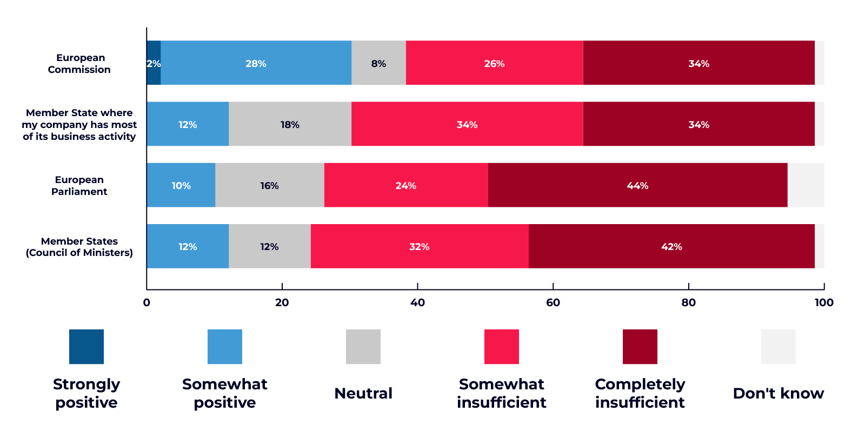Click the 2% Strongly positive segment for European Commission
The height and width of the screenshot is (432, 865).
click(x=154, y=63)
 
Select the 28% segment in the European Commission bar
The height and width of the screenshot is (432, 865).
click(x=256, y=63)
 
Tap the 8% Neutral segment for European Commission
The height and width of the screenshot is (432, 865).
click(x=378, y=63)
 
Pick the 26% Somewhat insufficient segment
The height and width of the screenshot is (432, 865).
click(x=494, y=63)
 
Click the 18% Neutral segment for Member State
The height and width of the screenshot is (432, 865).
click(x=290, y=124)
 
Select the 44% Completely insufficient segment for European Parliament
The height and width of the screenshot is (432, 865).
click(x=637, y=185)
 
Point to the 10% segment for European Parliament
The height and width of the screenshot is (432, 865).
click(x=181, y=185)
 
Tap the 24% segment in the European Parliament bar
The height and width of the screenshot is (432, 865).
click(x=405, y=185)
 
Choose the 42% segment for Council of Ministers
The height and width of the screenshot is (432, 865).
click(x=671, y=246)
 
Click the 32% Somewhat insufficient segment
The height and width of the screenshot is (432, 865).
click(x=419, y=246)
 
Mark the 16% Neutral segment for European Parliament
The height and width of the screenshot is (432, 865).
click(x=269, y=185)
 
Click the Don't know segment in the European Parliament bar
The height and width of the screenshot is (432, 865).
click(x=806, y=185)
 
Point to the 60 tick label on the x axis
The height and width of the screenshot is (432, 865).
click(x=553, y=302)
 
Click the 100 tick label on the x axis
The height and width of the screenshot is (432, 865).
click(x=824, y=302)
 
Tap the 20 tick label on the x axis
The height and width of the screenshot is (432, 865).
click(x=282, y=302)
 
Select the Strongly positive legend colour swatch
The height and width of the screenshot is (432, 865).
click(x=86, y=347)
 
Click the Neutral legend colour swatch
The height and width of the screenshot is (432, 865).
click(x=363, y=347)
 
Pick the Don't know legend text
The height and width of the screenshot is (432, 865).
click(x=778, y=393)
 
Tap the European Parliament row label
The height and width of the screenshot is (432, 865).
click(x=79, y=185)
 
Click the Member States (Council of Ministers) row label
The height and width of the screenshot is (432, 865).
click(x=79, y=247)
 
